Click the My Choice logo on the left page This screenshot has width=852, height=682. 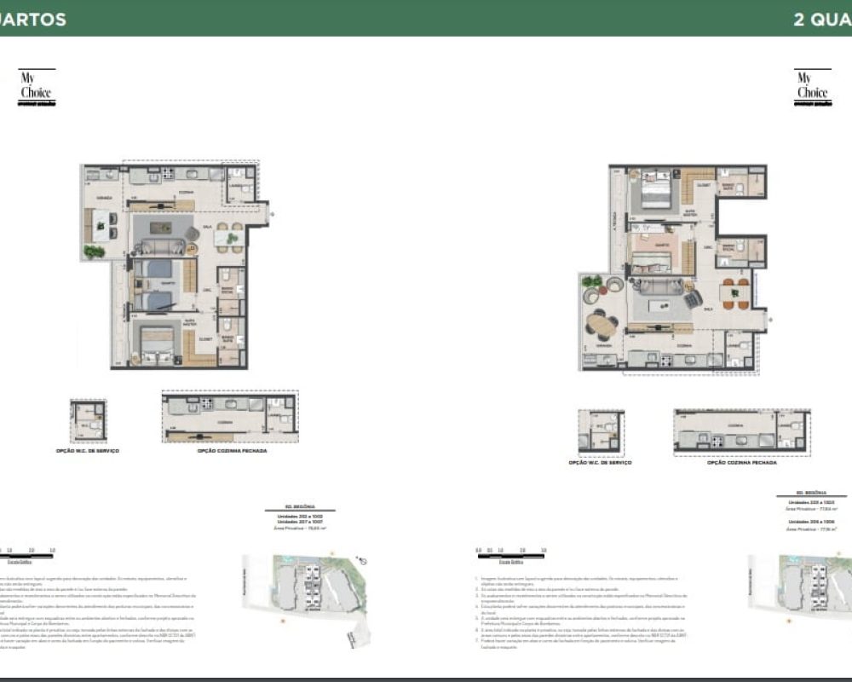(37, 88)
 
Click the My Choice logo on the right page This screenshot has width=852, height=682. (812, 88)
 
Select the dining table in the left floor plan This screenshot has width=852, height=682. (228, 239)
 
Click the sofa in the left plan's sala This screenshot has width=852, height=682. (163, 248)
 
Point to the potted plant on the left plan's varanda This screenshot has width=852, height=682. (94, 251)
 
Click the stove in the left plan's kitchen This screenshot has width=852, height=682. (167, 175)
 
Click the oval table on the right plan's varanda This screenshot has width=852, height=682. (603, 325)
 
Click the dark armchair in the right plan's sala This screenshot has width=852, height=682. (693, 298)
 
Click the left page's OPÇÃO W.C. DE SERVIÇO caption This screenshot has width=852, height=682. (89, 450)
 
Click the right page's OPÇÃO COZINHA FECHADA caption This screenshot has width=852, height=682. (742, 461)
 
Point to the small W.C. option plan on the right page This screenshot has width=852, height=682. (600, 431)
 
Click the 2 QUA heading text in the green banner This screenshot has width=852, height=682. (821, 19)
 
